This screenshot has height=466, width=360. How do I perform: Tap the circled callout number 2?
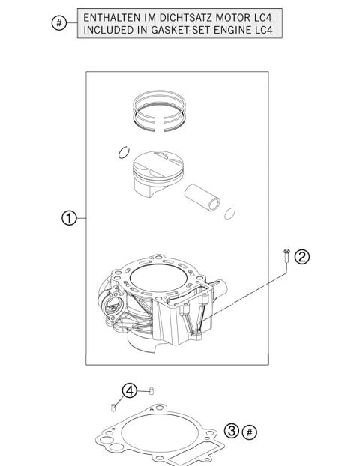301,257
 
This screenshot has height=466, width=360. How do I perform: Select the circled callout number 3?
232,432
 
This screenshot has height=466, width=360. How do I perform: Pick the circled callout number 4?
130,390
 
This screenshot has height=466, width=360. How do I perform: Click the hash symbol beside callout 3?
250,432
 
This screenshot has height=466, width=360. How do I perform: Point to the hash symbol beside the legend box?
58,24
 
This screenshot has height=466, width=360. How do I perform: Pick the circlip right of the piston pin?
232,213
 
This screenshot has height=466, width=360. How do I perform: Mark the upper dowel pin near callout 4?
151,390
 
